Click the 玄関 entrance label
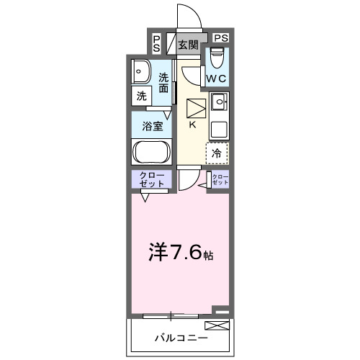click(189, 45)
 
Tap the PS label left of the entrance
click(157, 43)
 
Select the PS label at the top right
click(221, 37)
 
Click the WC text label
click(217, 78)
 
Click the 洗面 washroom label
click(165, 83)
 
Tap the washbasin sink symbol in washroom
click(140, 72)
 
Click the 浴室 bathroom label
click(151, 125)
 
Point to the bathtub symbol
click(150, 153)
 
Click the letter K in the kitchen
click(192, 123)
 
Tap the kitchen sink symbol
click(219, 101)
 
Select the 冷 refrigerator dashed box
click(217, 152)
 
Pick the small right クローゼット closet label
click(220, 180)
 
